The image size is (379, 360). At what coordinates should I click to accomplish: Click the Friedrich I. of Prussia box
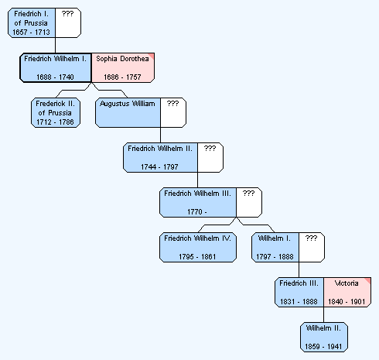click(x=32, y=22)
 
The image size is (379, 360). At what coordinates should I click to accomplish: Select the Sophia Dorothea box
click(x=123, y=68)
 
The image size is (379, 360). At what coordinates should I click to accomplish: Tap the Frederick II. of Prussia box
click(x=56, y=112)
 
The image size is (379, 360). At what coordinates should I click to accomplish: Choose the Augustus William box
click(x=128, y=112)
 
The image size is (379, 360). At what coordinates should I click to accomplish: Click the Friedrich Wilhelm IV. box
click(x=198, y=247)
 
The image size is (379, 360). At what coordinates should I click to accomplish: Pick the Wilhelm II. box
click(x=324, y=337)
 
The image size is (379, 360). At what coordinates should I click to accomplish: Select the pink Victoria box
click(x=347, y=292)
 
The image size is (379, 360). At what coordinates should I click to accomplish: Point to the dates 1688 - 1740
click(x=55, y=77)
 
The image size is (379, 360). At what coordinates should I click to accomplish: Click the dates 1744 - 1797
click(x=159, y=167)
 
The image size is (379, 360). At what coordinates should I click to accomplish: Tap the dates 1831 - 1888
click(x=299, y=302)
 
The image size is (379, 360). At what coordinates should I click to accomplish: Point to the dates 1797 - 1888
click(x=275, y=257)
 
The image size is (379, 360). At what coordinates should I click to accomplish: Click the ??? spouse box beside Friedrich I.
click(x=68, y=22)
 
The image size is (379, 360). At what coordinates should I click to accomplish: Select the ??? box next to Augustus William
click(x=173, y=112)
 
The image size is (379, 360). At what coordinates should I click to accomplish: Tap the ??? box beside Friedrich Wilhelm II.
click(x=210, y=157)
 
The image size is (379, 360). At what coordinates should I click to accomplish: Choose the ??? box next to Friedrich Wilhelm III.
click(x=249, y=202)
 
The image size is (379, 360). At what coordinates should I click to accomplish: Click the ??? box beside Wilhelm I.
click(x=312, y=247)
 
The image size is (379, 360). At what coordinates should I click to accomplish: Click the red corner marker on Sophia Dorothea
click(x=152, y=56)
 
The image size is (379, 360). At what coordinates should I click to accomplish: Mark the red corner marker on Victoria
click(x=368, y=280)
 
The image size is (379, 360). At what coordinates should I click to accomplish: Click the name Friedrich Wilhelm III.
click(x=197, y=194)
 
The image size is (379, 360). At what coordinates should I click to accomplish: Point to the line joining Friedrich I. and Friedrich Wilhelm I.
click(x=56, y=46)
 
